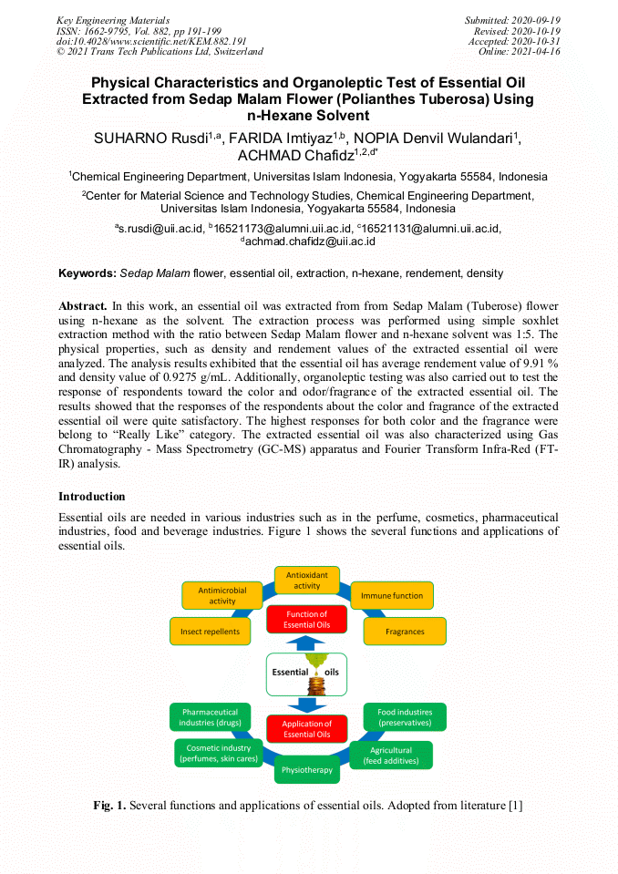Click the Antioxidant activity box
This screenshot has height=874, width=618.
[x=307, y=581]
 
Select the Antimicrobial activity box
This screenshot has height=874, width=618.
[x=222, y=596]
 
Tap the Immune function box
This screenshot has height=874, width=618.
[x=392, y=596]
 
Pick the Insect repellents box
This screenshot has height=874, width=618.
[x=210, y=631]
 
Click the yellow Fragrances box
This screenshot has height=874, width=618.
[x=405, y=631]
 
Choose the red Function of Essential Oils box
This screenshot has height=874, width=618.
[x=306, y=620]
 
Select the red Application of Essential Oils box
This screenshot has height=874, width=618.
[x=306, y=729]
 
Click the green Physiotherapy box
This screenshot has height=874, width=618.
[x=307, y=769]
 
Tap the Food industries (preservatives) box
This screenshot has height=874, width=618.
[x=405, y=716]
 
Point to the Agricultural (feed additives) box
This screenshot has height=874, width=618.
[x=391, y=755]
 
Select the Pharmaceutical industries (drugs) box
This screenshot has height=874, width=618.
[x=210, y=716]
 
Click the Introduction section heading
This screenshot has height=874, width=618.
[x=92, y=497]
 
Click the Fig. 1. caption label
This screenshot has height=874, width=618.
[x=109, y=806]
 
